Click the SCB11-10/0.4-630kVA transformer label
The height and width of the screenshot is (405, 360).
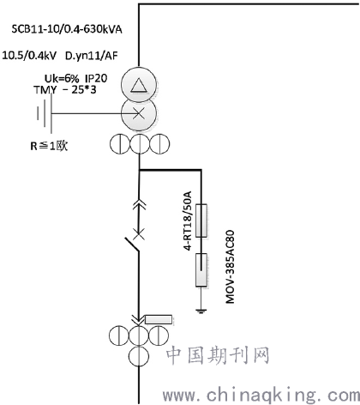[67, 29]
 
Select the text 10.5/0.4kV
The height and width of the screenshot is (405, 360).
[29, 55]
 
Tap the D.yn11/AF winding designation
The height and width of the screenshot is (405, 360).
[92, 56]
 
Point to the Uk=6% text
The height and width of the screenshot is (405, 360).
[62, 78]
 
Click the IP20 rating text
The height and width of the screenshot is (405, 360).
[96, 78]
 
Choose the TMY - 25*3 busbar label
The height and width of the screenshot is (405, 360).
[65, 90]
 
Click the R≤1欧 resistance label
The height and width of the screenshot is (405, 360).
[49, 146]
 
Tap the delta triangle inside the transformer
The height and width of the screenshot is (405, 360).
[139, 86]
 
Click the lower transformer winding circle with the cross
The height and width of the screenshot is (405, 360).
[139, 113]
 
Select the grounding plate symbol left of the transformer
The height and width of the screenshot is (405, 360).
[45, 113]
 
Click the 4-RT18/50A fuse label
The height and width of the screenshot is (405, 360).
[187, 221]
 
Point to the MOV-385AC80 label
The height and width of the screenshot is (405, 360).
[230, 267]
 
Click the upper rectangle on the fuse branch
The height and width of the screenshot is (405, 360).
[201, 221]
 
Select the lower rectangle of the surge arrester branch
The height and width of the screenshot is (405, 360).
[201, 270]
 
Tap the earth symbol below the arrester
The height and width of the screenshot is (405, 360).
[201, 311]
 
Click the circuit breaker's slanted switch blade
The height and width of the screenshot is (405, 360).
[132, 245]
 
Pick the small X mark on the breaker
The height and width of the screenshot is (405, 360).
[139, 234]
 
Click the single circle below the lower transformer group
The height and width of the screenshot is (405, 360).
[139, 356]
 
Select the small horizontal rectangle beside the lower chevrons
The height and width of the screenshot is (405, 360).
[159, 319]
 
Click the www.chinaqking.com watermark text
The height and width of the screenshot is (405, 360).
[261, 396]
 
